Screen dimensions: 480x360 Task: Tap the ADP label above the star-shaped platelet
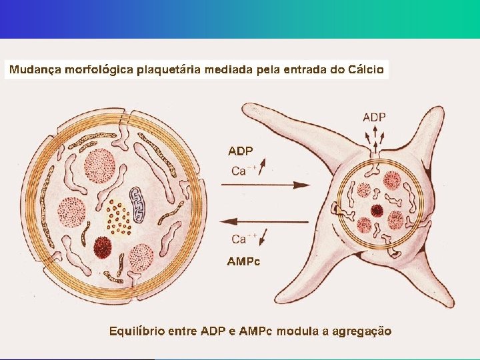[x=374, y=117]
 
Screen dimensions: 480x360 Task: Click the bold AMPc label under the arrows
[x=243, y=261]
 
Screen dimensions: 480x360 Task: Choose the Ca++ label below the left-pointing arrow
[x=241, y=239]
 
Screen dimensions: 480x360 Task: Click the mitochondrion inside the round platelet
[x=139, y=204]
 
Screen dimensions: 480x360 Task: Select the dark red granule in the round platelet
[x=102, y=247]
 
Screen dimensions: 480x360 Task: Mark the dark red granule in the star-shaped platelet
[x=377, y=211]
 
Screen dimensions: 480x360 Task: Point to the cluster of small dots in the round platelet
[x=119, y=217]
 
